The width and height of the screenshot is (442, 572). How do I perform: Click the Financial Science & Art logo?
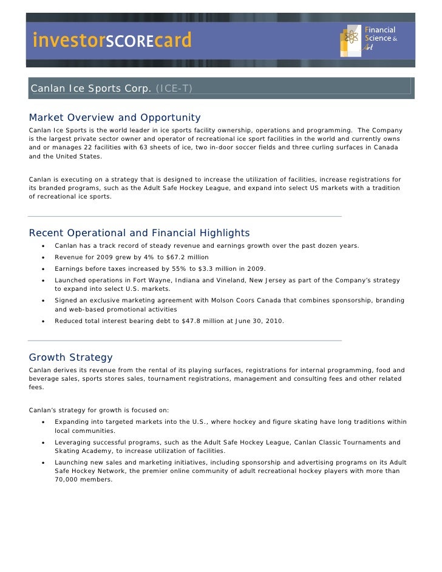(x=370, y=39)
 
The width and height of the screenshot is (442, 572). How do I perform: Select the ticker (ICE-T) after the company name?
(x=174, y=89)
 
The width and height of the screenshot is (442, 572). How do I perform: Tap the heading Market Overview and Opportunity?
(x=115, y=117)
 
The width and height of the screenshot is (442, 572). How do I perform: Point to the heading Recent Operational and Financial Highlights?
(x=139, y=233)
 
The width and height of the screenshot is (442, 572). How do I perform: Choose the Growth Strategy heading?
(x=70, y=358)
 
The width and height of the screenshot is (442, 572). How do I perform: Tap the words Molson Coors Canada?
(x=228, y=301)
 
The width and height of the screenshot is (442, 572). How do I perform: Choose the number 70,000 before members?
(x=68, y=480)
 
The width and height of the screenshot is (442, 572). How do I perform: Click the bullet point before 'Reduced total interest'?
(x=44, y=321)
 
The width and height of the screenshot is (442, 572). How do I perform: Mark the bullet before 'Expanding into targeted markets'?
(x=44, y=422)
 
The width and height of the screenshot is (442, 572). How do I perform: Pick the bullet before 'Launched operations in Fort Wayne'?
(x=44, y=281)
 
